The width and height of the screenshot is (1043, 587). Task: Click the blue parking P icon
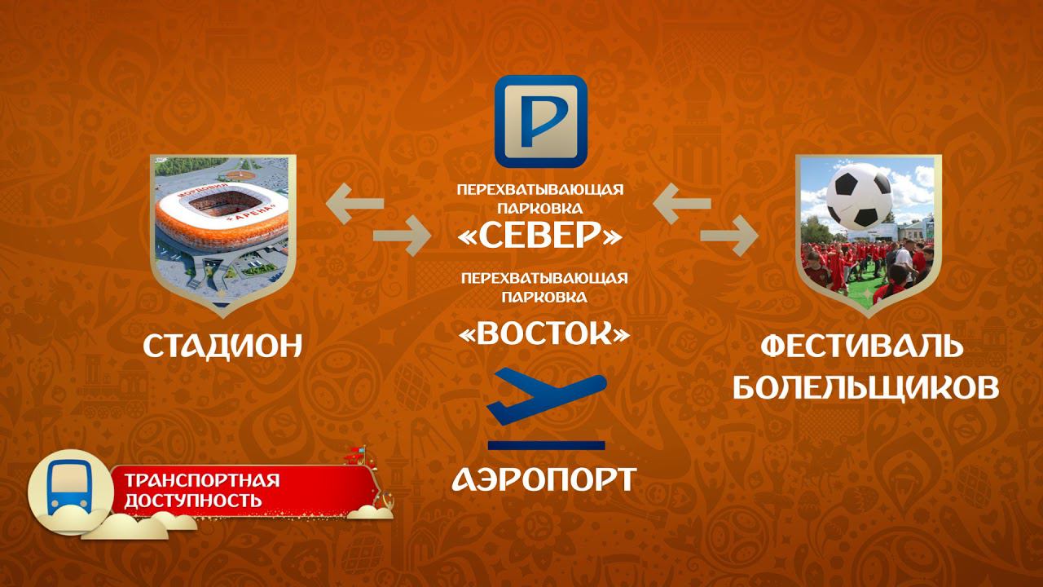541,121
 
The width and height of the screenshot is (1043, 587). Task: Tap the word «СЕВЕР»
541,236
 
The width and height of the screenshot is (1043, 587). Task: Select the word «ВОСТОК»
544,333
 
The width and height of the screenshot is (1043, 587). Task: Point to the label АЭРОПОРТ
544,479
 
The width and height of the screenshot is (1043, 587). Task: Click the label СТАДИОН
223,346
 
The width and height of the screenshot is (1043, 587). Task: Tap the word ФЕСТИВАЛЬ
860,346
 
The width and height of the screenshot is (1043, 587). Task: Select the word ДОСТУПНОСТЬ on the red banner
193,500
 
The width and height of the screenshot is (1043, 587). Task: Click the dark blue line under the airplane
546,445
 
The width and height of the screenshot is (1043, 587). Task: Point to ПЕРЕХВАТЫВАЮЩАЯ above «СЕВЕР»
540,189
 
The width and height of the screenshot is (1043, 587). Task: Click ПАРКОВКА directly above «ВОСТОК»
544,297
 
